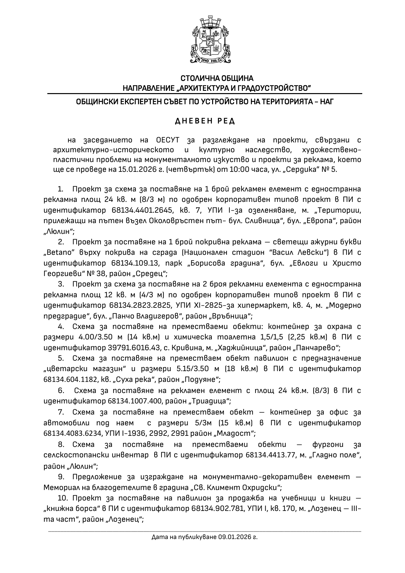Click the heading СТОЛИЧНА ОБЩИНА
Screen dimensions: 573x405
[217, 78]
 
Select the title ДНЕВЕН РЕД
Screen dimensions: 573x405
[205, 121]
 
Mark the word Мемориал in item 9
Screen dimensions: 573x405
[60, 488]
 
